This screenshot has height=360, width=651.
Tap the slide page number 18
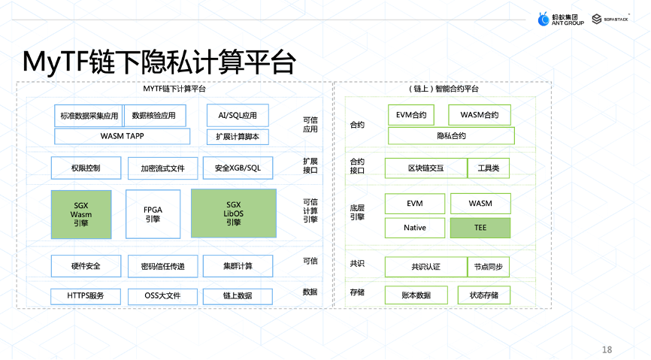click(607, 349)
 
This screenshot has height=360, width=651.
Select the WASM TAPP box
click(122, 136)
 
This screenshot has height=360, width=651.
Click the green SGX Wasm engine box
click(81, 214)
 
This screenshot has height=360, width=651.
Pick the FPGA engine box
click(153, 214)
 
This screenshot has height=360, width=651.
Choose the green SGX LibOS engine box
click(233, 214)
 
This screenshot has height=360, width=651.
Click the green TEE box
click(480, 228)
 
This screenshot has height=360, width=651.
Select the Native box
click(414, 228)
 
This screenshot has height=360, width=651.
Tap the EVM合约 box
click(411, 115)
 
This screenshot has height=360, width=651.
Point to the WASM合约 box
click(480, 115)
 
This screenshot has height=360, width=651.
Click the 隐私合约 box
click(451, 136)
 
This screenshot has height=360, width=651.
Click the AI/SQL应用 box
click(238, 115)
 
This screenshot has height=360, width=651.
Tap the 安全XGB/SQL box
click(232, 168)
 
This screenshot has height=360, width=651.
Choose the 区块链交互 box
click(425, 168)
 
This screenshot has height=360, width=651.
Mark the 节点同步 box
click(489, 266)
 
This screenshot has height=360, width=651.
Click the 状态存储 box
click(483, 295)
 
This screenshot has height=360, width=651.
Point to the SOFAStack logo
click(609, 18)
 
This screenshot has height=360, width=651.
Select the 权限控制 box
click(85, 168)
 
